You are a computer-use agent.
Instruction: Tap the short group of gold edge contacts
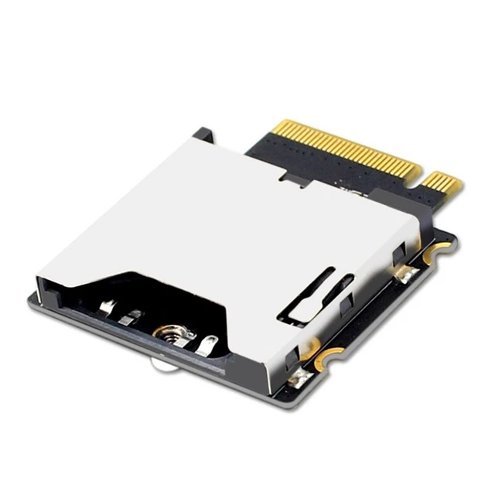click(x=442, y=185)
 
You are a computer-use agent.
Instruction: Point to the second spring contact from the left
click(x=132, y=316)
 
